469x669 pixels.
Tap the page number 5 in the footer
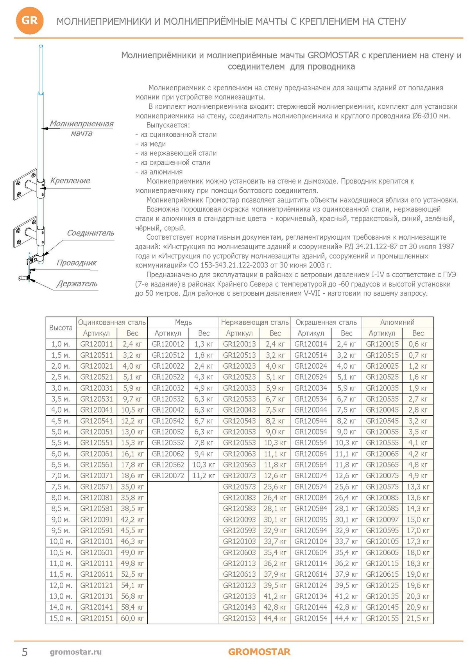pos(25,652)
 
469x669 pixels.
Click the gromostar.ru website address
pos(76,652)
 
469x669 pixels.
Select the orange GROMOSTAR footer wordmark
pos(259,652)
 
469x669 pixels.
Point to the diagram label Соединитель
pos(90,233)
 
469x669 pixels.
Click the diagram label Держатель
pos(77,283)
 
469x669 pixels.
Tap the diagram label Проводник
pos(77,263)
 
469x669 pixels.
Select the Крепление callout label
pos(70,181)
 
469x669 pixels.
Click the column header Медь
pos(183,322)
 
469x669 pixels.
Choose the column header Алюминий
pos(397,322)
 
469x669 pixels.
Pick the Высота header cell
pos(61,328)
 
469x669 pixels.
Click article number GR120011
pos(97,344)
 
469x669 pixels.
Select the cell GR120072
pos(168,476)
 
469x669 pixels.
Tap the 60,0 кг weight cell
pos(132,618)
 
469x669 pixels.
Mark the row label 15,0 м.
pos(60,618)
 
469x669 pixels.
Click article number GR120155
pos(382,618)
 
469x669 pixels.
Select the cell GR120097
pos(382,520)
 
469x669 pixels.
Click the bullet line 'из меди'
pos(150,144)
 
